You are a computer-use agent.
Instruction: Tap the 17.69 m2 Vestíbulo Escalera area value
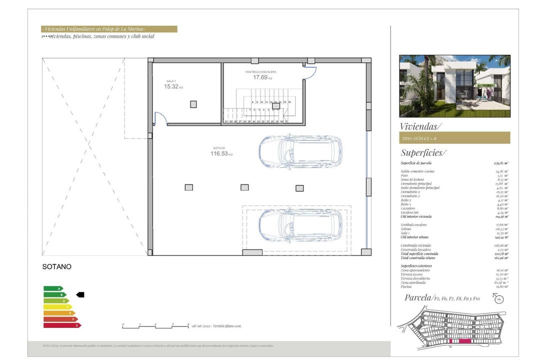pos(262,77)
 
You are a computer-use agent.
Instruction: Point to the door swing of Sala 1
pos(160,119)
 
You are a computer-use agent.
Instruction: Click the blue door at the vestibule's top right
pos(309,73)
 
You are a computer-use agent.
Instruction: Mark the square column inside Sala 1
pos(193,104)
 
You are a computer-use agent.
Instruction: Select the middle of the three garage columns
pos(244,187)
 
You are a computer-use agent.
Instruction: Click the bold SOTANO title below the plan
pos(56,267)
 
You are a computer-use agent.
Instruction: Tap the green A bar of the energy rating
pos(53,288)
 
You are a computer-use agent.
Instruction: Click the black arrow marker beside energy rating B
pos(80,295)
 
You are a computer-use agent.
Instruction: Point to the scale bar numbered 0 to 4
pos(155,326)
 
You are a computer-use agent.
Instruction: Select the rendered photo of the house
pos(454,86)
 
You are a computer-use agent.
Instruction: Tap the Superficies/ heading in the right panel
pos(423,152)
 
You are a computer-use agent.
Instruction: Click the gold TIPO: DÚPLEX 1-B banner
pos(454,138)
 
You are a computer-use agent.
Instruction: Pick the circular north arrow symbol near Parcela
pos(498,298)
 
